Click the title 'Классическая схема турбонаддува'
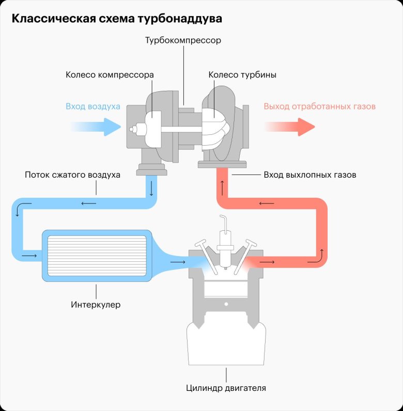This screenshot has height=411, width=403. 117,19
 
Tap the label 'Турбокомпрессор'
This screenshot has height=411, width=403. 183,40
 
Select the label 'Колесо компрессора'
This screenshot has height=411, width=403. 110,75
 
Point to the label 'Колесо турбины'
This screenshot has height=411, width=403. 242,75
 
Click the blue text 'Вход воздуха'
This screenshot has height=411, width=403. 93,106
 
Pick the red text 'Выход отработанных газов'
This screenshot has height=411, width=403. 319,106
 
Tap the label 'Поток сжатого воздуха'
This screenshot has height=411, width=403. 72,175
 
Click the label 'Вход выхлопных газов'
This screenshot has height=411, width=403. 309,175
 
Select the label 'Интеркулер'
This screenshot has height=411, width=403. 96,305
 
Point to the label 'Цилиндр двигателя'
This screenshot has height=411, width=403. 226,387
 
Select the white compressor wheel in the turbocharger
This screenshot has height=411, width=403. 153,127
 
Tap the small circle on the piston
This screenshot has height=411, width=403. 225,306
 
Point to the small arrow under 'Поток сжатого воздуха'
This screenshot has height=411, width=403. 88,189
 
